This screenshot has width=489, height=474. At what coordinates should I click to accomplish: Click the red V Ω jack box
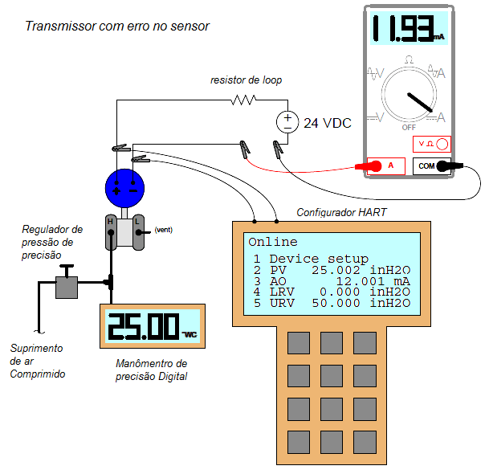coord(430,145)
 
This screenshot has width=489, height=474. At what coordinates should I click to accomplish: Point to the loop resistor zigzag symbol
coord(243,100)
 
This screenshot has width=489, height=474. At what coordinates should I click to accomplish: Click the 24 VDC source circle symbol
coord(287,122)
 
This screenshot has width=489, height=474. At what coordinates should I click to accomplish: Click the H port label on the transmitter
coord(111,221)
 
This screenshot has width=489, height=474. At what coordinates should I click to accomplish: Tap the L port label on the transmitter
coord(137,221)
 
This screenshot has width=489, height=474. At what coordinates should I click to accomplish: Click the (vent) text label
coord(163,230)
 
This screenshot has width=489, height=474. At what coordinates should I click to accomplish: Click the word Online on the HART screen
coord(272,242)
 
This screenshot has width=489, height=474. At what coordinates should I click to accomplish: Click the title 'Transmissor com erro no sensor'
coord(117,27)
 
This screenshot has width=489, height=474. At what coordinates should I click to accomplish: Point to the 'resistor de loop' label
coord(246,80)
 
